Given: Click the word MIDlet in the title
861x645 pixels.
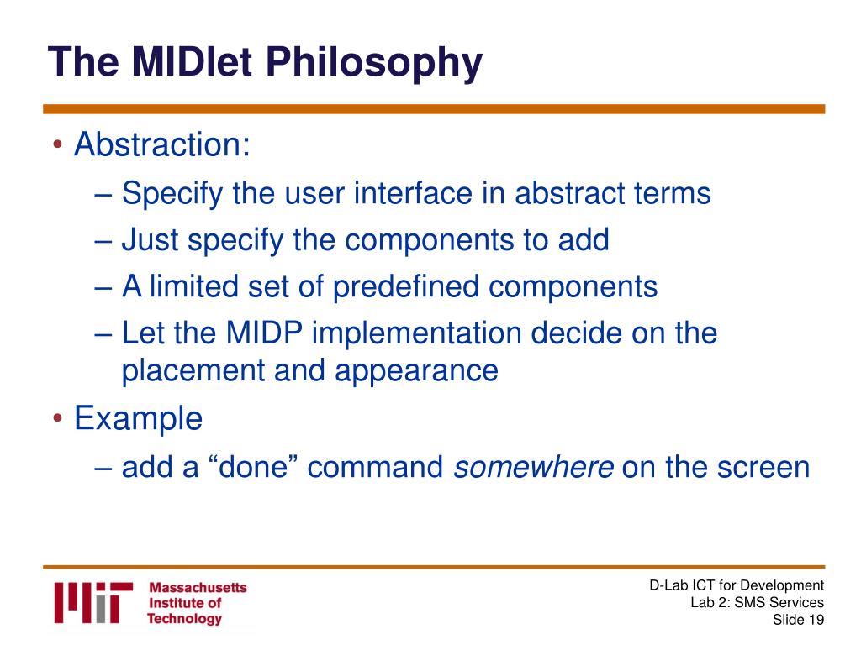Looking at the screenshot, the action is click(192, 61).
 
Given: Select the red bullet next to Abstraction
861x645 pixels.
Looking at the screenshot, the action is click(58, 145).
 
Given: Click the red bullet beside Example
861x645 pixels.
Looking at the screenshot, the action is click(58, 419).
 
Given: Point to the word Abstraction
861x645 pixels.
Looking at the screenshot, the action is click(162, 144).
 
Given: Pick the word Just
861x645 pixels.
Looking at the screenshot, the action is click(150, 239).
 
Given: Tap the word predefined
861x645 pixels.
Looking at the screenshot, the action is click(406, 286).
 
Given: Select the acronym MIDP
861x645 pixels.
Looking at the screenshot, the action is click(264, 333).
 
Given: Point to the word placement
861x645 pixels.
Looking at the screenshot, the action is click(193, 370).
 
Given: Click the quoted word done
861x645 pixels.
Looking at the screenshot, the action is click(253, 467).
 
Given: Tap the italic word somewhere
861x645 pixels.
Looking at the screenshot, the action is click(533, 467).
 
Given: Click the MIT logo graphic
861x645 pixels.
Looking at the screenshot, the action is click(93, 603).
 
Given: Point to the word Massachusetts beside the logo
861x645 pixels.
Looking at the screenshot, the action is click(198, 587).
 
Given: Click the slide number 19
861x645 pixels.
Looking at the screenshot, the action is click(816, 621).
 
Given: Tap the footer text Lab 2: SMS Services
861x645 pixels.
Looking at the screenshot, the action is click(758, 603).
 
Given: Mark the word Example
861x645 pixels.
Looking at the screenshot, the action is click(139, 419).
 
